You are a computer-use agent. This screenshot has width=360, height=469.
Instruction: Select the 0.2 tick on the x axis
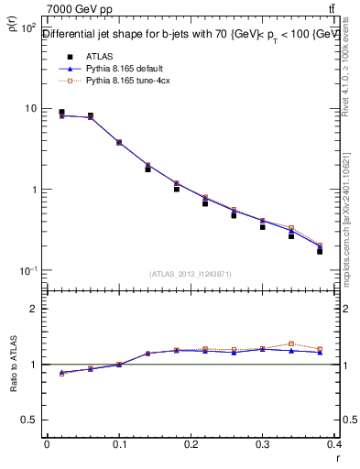click(191, 446)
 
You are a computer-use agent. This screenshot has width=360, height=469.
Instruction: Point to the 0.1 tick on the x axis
click(119, 446)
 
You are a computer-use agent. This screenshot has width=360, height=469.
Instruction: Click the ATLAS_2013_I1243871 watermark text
click(191, 274)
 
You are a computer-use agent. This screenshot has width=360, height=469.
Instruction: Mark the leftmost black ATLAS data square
click(61, 112)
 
